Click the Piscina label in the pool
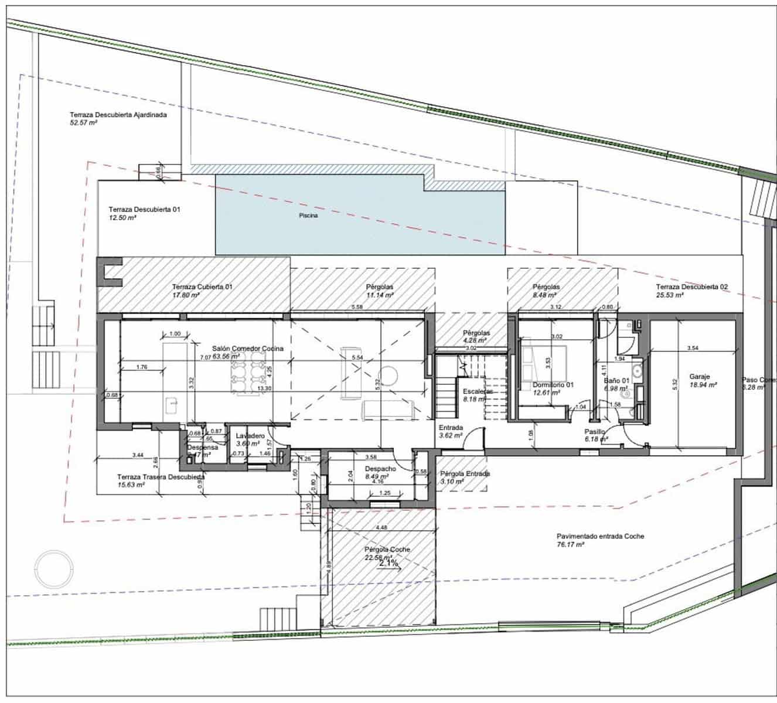(308, 216)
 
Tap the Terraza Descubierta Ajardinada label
(118, 115)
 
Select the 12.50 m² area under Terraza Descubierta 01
(122, 217)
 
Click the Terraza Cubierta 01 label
(202, 287)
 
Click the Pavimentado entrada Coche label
(600, 536)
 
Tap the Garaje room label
(700, 378)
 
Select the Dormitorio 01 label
(553, 385)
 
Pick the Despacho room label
(380, 469)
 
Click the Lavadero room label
(250, 436)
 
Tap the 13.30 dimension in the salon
(264, 388)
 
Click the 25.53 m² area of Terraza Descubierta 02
(670, 296)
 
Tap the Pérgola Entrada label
(465, 473)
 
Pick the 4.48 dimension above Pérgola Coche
(381, 527)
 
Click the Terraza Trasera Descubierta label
(161, 477)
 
